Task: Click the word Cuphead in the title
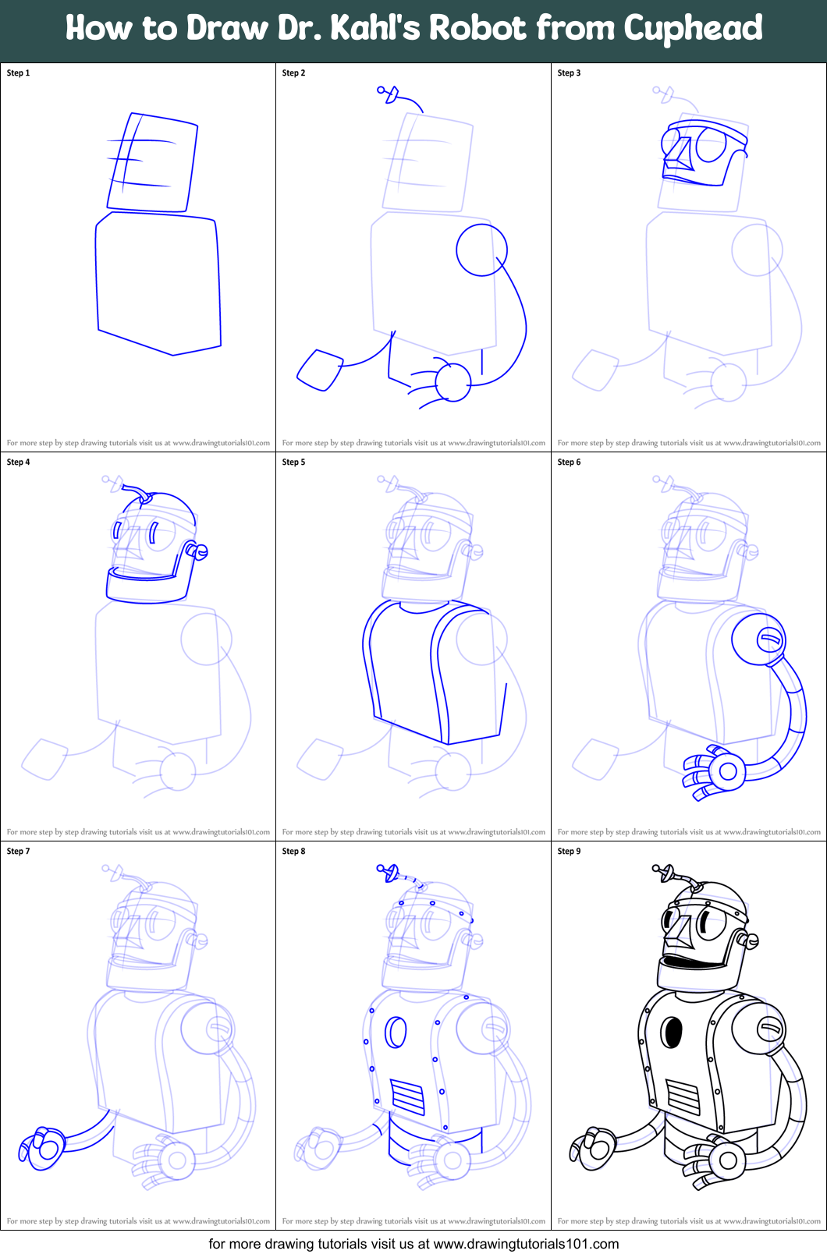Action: (693, 29)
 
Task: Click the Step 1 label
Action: (18, 73)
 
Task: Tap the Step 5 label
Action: (293, 462)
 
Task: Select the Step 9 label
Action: (569, 851)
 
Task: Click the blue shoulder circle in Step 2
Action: (481, 250)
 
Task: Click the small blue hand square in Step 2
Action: (320, 370)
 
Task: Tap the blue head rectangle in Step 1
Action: (153, 162)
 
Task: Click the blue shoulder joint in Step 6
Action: (759, 639)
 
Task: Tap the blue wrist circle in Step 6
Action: (728, 771)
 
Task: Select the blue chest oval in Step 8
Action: (396, 1033)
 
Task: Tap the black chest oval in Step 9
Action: (672, 1033)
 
